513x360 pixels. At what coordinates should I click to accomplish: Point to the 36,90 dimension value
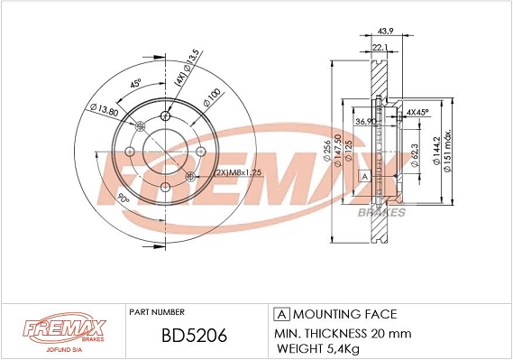[366, 122]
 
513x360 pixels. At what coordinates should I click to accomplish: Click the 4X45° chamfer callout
[417, 112]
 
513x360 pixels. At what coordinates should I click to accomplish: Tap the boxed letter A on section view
[365, 176]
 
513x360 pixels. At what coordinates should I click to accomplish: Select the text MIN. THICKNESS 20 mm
[341, 332]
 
